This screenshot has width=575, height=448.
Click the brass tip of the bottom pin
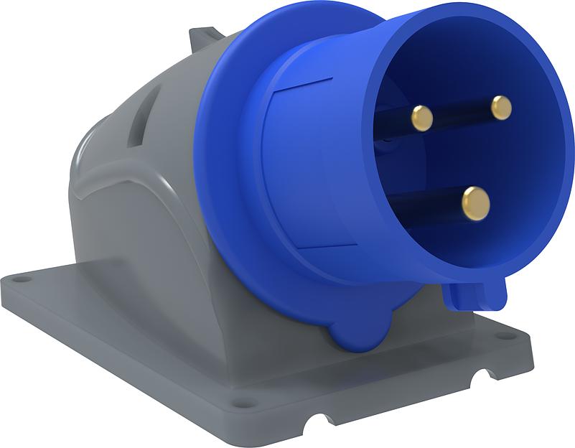[x=476, y=202]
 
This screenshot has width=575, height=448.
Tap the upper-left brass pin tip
[x=421, y=118]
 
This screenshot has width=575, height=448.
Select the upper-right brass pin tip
[x=501, y=108]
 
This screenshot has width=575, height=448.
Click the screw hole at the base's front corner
[x=244, y=401]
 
